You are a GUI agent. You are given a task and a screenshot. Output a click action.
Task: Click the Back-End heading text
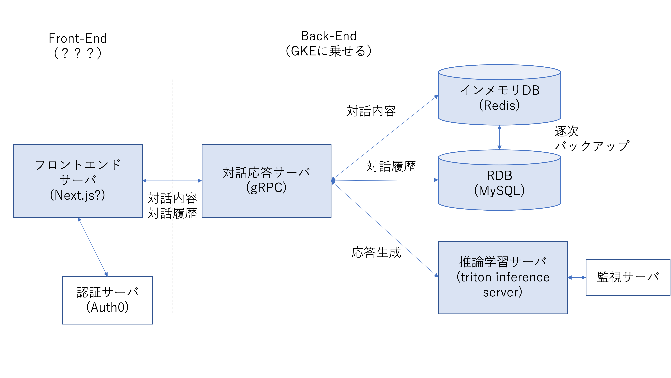point(328,36)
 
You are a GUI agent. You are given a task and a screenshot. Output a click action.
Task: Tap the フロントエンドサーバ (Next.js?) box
point(78,181)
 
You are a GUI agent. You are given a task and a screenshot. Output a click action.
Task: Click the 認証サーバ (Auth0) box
point(107,300)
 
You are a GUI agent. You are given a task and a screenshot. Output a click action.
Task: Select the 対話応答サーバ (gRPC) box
point(266,181)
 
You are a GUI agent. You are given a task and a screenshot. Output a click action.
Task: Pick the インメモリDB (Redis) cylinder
point(499,98)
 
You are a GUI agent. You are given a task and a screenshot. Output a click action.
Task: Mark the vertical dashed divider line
point(172,260)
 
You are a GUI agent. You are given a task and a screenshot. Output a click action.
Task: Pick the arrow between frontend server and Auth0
point(93,247)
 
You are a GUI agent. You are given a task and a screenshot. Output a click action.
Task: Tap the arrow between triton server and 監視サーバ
point(576,278)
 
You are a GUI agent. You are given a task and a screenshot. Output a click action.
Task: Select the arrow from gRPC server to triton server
point(386,229)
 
